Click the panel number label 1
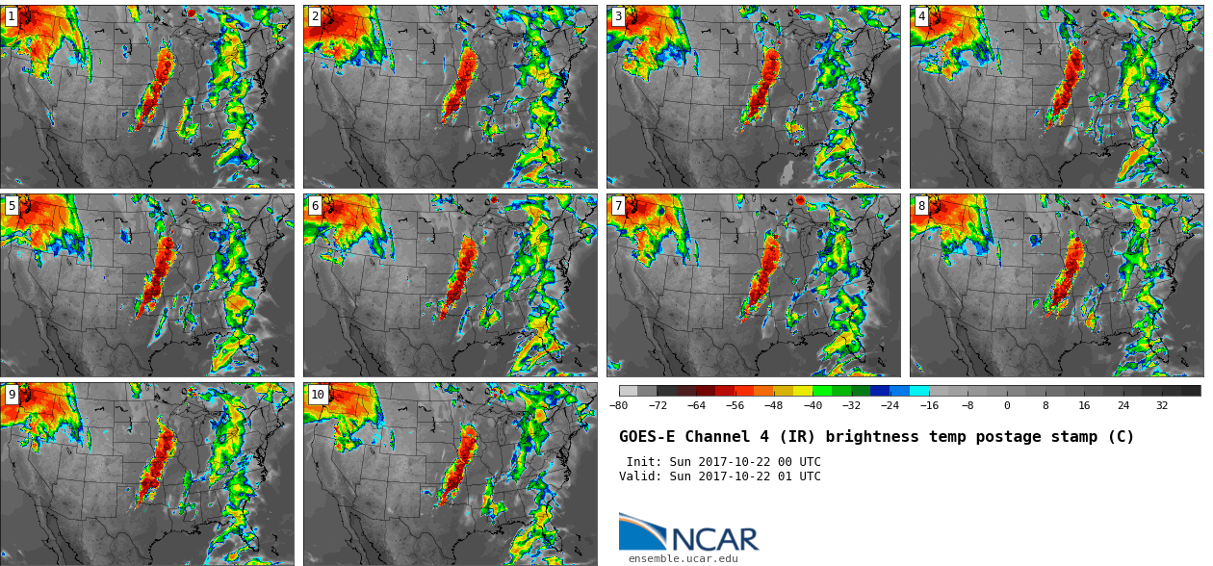click(x=12, y=16)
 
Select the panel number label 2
click(x=315, y=16)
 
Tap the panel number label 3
click(x=618, y=16)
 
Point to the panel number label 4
click(x=921, y=16)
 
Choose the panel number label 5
click(x=12, y=206)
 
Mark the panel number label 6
click(x=315, y=206)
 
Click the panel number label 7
click(x=618, y=206)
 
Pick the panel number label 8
click(x=921, y=206)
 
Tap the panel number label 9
click(x=12, y=395)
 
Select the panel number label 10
click(x=318, y=395)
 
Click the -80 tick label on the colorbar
click(x=618, y=405)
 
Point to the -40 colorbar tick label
click(x=813, y=405)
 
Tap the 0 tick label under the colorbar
click(x=1007, y=405)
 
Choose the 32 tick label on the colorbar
click(x=1162, y=405)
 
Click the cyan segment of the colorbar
click(x=919, y=391)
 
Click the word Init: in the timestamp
click(x=644, y=462)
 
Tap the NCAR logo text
click(x=715, y=539)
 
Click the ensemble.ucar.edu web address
click(x=683, y=558)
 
